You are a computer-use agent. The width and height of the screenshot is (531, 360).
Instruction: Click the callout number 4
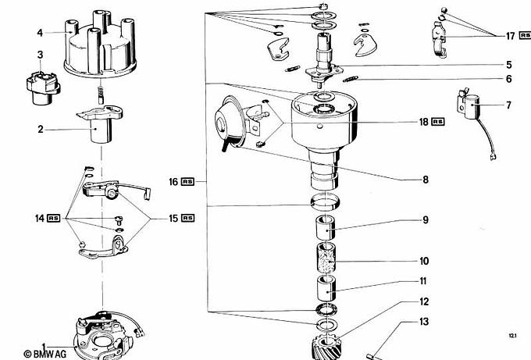[39, 33]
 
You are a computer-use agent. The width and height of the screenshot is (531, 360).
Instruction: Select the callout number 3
[41, 54]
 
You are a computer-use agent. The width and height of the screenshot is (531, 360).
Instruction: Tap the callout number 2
[40, 130]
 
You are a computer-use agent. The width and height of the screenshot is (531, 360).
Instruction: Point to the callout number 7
[508, 105]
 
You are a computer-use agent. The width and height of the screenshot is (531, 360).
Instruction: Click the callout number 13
[424, 322]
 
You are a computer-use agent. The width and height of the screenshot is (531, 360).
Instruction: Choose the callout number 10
[424, 261]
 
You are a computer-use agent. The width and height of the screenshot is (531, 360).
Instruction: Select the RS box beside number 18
[438, 122]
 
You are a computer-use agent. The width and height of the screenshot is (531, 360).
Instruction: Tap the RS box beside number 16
[187, 182]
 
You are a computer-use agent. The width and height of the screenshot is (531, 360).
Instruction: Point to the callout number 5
[508, 65]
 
